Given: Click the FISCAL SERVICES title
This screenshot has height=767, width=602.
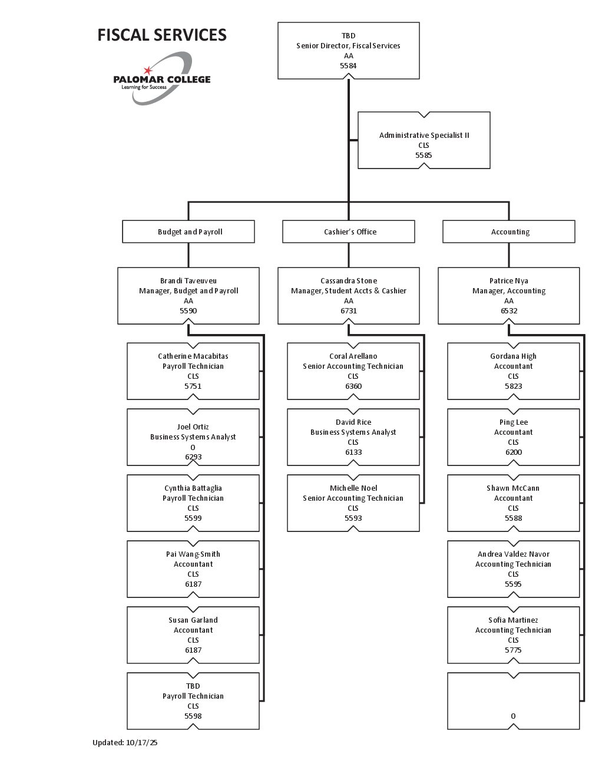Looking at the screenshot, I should (162, 35).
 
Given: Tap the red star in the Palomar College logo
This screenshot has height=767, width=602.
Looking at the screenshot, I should (148, 71).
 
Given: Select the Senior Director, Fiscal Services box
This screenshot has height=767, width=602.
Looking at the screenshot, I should (348, 51).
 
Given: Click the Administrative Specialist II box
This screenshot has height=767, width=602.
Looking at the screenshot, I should (424, 140).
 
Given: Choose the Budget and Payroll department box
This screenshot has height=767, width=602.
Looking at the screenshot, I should (188, 232).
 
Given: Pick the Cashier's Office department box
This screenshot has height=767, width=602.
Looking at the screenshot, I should (349, 232).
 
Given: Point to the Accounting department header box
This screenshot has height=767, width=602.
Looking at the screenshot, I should (509, 232).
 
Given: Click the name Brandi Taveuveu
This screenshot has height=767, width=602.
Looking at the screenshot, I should (188, 281).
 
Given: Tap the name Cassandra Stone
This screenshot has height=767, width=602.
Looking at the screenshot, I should (349, 281).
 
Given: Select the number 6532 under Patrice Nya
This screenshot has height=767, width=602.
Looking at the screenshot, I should (509, 311).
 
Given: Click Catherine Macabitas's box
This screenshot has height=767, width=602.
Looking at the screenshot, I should (193, 371).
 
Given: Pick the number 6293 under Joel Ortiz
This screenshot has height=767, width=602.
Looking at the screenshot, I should (193, 457).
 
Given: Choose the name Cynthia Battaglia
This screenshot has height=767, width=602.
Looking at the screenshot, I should (193, 488).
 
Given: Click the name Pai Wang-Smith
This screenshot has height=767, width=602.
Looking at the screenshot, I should (193, 554).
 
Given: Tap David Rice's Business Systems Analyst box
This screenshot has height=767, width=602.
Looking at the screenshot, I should (353, 437).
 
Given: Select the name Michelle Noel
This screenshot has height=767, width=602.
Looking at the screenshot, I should (353, 488).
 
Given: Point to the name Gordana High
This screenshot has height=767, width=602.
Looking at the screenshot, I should (513, 356).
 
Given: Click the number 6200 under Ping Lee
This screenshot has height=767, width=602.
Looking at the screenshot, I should (514, 452).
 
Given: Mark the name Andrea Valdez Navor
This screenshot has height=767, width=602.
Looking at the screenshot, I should (513, 554).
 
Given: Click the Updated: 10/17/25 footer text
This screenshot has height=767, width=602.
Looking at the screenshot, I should (125, 743).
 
